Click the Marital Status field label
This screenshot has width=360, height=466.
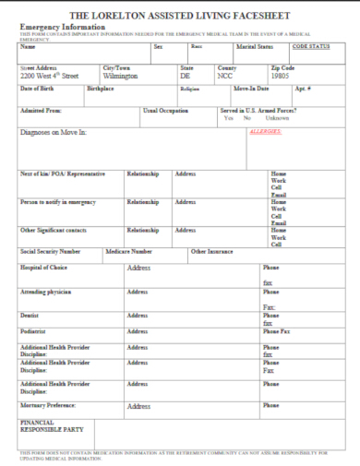255,46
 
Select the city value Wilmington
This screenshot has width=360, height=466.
120,77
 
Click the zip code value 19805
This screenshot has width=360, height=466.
282,77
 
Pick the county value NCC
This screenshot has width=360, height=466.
224,77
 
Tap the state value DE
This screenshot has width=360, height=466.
186,77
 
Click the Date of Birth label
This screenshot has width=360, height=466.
38,89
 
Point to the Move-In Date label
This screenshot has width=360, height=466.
250,89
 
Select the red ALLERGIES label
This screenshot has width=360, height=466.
266,131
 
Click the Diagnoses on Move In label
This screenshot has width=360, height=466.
53,133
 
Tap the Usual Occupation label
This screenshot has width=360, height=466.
165,110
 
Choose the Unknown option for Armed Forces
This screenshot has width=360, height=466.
277,118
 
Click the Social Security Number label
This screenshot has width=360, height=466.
50,251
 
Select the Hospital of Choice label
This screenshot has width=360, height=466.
43,268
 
